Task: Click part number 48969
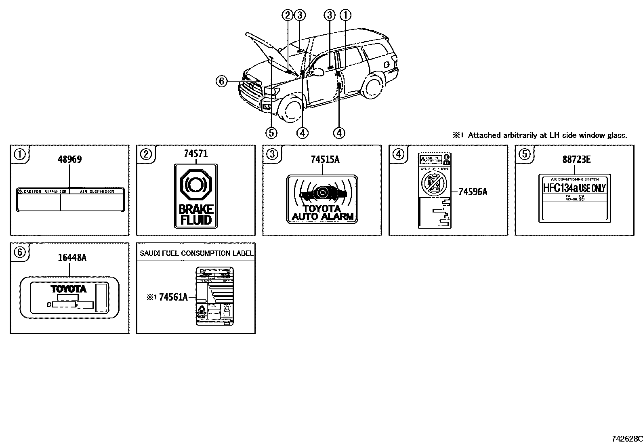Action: coord(69,159)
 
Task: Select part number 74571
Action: coord(196,153)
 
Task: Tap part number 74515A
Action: coord(325,159)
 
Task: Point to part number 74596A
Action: coord(473,191)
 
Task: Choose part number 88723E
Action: coord(576,159)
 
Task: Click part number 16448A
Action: coord(69,257)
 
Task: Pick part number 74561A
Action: coord(173,297)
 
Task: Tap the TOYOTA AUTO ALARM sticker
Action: coord(322,199)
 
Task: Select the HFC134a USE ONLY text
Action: coord(574,188)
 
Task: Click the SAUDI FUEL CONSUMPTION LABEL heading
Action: coord(196,253)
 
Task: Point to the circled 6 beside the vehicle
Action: coord(221,82)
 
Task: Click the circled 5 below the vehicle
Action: coord(271,133)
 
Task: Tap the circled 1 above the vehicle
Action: coord(346,15)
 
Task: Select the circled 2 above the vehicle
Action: coord(288,15)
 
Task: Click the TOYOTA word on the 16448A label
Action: coord(69,289)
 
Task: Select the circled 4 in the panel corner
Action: coord(399,154)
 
